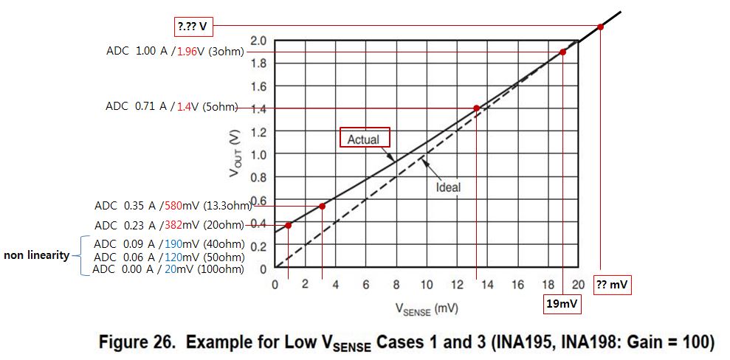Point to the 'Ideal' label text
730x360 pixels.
coord(448,187)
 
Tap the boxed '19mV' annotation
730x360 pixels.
coord(563,305)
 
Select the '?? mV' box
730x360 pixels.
coord(613,285)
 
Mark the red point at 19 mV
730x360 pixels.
coord(562,52)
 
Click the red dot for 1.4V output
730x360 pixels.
coord(476,108)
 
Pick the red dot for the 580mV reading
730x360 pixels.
coord(322,206)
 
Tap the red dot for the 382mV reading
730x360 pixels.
coord(288,225)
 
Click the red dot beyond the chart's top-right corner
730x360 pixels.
coord(601,27)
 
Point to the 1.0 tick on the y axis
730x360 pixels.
coord(258,154)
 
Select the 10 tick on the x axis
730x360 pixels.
coord(427,284)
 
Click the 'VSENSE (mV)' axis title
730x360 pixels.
coord(427,309)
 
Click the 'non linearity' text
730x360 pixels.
coord(37,255)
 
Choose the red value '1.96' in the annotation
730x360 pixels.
coord(187,51)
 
